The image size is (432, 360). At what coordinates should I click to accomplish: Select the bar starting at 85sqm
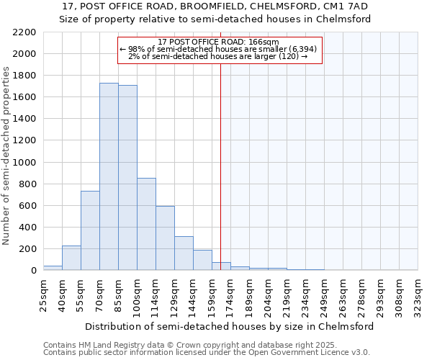(127, 178)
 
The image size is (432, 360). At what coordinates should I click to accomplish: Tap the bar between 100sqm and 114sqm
(146, 224)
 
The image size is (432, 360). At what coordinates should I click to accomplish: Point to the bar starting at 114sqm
(165, 238)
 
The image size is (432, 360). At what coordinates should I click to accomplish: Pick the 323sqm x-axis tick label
(418, 293)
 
